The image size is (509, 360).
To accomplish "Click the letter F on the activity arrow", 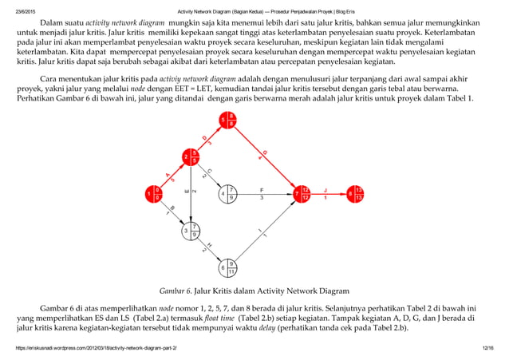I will (262, 189).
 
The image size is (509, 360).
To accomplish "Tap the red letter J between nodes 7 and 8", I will (326, 189).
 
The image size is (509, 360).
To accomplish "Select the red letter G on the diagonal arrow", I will (265, 152).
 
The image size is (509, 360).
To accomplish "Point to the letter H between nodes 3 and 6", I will (210, 245).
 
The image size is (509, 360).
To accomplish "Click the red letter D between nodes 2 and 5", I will (204, 137).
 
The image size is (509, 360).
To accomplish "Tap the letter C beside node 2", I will (209, 171).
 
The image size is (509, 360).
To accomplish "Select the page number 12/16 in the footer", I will (488, 349).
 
